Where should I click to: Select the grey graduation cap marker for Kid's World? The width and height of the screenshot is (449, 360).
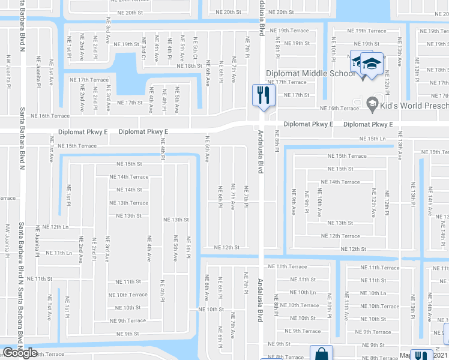(372, 104)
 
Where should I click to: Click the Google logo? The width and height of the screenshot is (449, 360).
(20, 353)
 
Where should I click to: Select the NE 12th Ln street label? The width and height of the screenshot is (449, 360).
(56, 227)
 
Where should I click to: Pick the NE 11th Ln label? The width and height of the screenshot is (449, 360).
(59, 253)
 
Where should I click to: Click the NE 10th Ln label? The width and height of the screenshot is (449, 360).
(372, 293)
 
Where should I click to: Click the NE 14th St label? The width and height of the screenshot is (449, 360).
(129, 190)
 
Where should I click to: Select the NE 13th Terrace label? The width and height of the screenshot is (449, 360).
(128, 203)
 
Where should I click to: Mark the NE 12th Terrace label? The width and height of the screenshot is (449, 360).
(340, 236)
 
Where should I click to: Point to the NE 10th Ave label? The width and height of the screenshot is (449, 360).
(320, 204)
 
